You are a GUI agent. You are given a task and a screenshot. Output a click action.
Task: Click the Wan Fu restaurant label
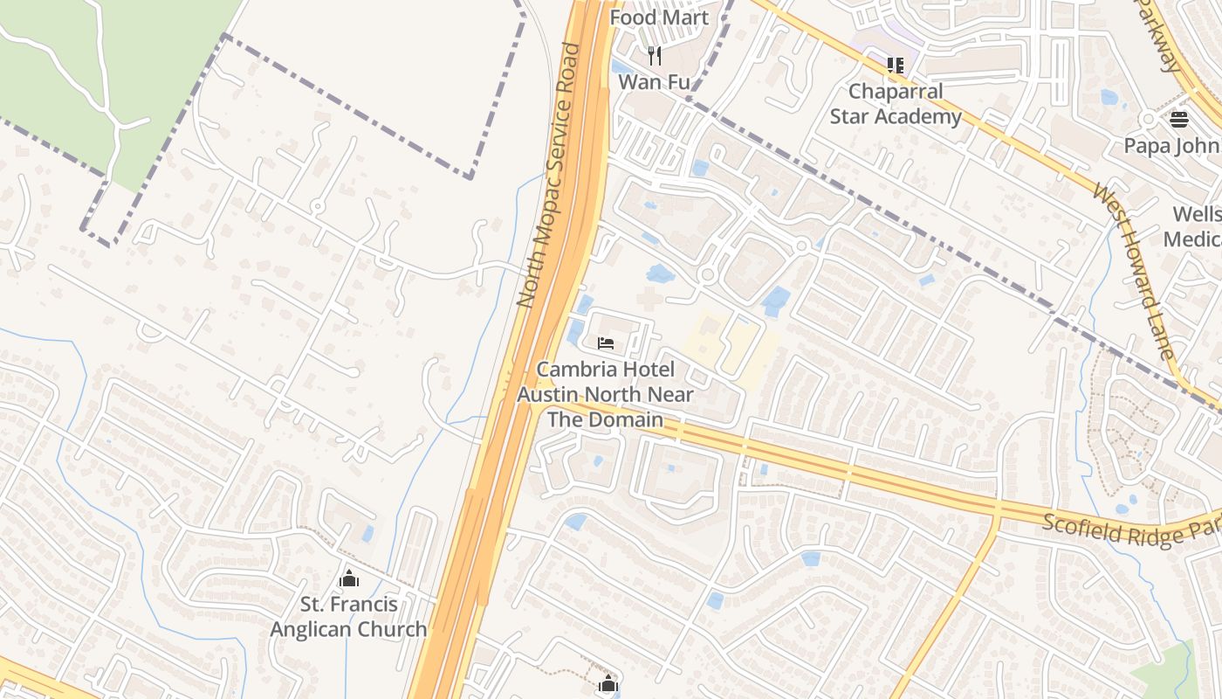[654, 82]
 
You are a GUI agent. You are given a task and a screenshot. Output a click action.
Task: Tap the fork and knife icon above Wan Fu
[655, 56]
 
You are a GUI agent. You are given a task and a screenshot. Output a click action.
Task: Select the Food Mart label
[659, 17]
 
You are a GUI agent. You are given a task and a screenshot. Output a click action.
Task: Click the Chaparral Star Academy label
[896, 104]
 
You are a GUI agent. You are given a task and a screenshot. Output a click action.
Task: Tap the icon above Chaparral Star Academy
[895, 65]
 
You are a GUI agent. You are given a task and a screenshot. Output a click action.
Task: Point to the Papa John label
[1171, 145]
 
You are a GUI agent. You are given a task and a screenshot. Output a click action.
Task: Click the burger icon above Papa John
[1179, 120]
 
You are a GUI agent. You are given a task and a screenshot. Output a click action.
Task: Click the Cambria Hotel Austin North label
[605, 394]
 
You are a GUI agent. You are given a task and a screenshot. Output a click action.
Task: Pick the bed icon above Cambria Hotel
[606, 343]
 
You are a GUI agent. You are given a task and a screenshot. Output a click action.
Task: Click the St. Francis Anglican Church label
[348, 616]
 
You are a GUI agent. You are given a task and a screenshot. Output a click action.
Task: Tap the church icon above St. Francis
[349, 578]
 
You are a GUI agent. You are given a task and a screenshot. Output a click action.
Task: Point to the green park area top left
[105, 70]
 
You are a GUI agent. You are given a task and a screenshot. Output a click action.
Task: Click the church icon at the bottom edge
[608, 684]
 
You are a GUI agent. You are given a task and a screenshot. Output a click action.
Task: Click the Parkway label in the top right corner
[1161, 35]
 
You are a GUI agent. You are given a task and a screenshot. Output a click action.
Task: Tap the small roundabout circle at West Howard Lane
[1147, 119]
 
